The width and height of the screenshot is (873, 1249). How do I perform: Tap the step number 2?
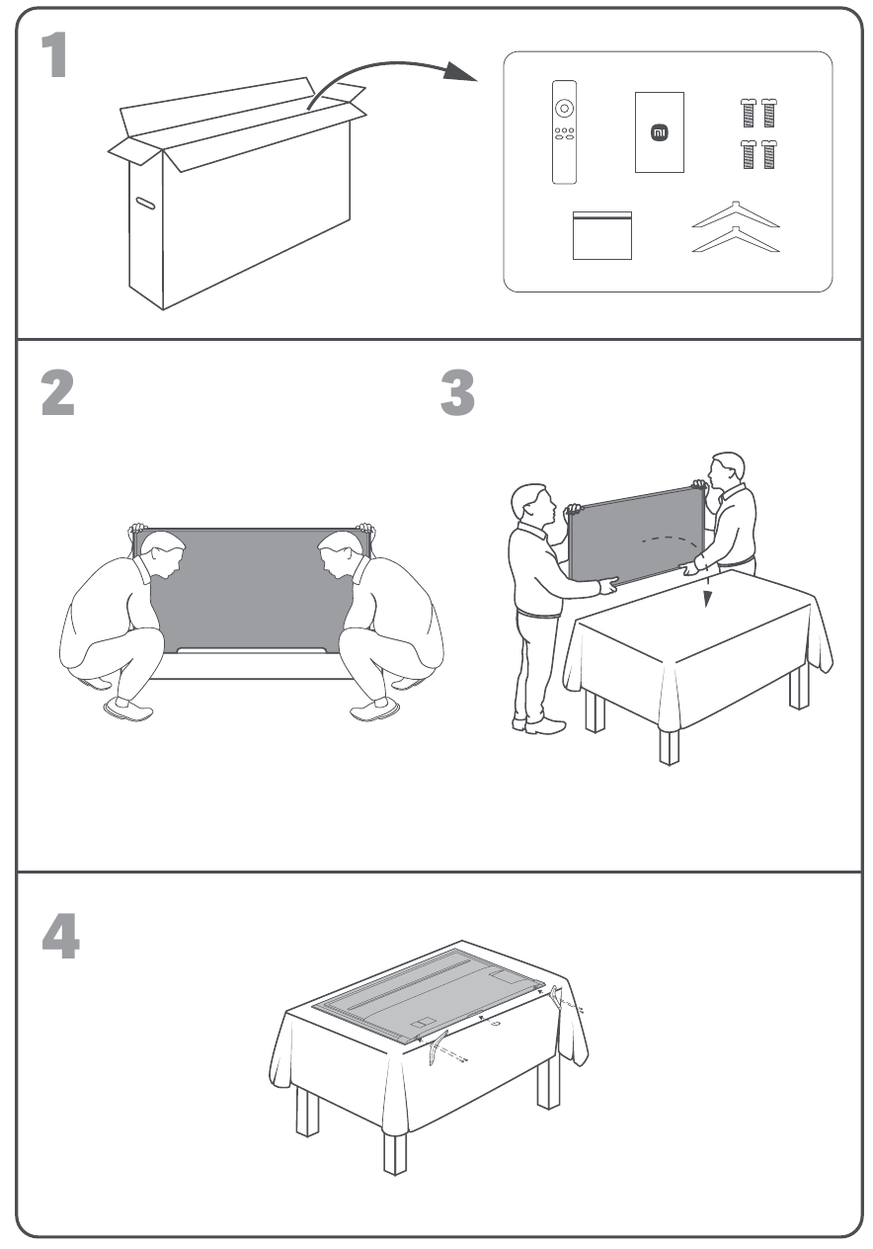57,393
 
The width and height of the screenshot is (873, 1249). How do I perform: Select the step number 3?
456,393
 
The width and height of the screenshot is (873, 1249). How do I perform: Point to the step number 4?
59,934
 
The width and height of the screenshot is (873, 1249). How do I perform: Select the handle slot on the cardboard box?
146,204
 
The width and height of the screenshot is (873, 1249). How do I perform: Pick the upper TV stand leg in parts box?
735,214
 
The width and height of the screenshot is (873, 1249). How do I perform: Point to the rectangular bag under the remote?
601,235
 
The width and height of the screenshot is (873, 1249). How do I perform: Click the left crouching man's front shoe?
126,708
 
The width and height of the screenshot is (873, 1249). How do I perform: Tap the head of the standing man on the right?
728,472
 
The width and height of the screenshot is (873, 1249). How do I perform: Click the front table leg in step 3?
671,742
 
